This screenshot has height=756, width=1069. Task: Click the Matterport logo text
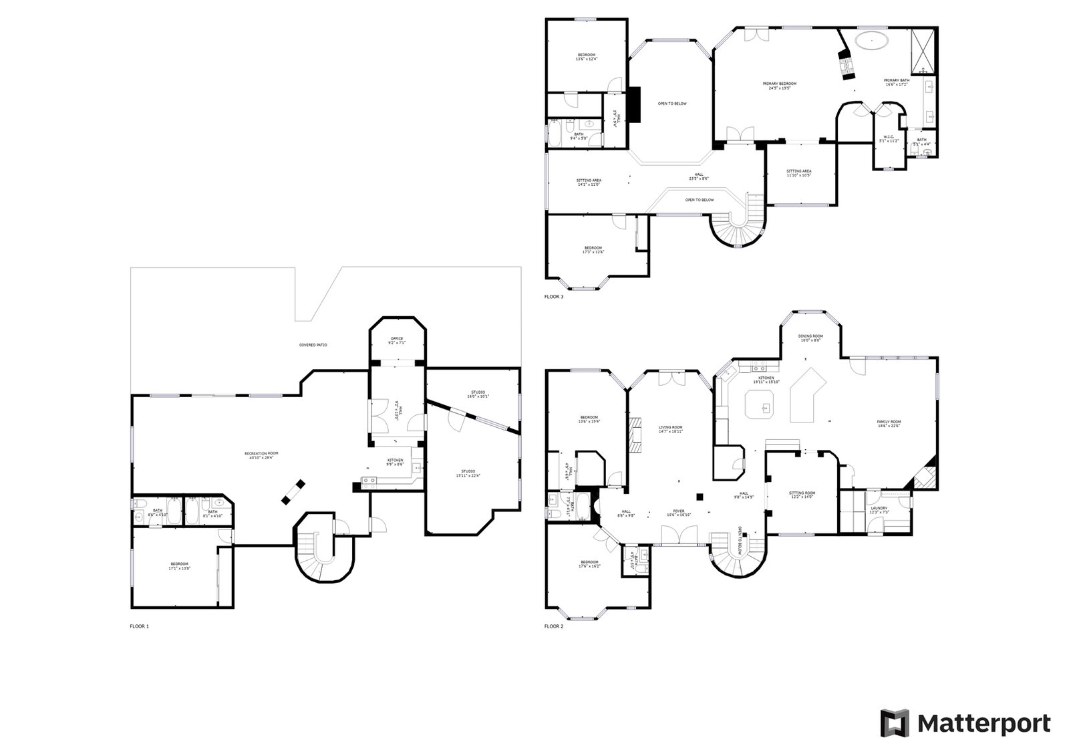coord(983,723)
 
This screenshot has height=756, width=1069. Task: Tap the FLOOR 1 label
coord(140,626)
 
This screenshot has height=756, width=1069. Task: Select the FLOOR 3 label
coord(554,297)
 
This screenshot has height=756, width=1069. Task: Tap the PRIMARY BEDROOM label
coord(780,86)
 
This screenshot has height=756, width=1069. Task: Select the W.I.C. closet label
coord(881,140)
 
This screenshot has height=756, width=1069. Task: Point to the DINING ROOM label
coord(810,338)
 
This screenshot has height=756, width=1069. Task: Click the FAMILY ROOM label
coord(889,424)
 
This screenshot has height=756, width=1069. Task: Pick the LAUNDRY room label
coord(879,510)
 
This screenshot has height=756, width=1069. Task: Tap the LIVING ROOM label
coord(670,429)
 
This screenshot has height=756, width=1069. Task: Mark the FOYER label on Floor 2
coord(678,513)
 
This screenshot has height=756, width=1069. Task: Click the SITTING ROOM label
coord(802,495)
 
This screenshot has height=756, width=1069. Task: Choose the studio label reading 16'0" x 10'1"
coord(477,394)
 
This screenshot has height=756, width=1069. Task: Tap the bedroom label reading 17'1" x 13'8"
coord(179,565)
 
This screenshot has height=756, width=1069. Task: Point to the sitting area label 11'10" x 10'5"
coord(798,173)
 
